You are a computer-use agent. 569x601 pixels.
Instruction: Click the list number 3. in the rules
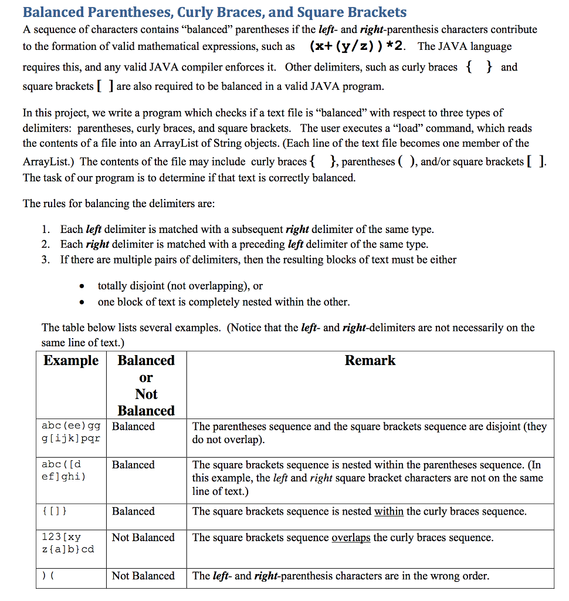(46, 259)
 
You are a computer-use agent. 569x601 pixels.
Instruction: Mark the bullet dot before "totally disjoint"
(83, 286)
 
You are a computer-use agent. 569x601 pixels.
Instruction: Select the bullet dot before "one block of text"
(83, 303)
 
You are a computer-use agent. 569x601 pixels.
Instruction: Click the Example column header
(71, 360)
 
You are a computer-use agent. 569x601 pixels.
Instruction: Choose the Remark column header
(370, 360)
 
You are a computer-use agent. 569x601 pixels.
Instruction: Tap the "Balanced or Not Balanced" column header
(146, 385)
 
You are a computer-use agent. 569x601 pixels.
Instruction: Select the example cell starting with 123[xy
(67, 543)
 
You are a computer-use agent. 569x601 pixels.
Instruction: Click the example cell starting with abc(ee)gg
(71, 433)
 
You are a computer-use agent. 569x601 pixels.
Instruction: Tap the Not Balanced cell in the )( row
(143, 576)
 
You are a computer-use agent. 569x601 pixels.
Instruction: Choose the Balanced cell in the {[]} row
(133, 512)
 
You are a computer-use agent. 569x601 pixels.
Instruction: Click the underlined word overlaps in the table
(351, 538)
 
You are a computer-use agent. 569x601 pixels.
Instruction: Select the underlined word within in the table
(389, 512)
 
